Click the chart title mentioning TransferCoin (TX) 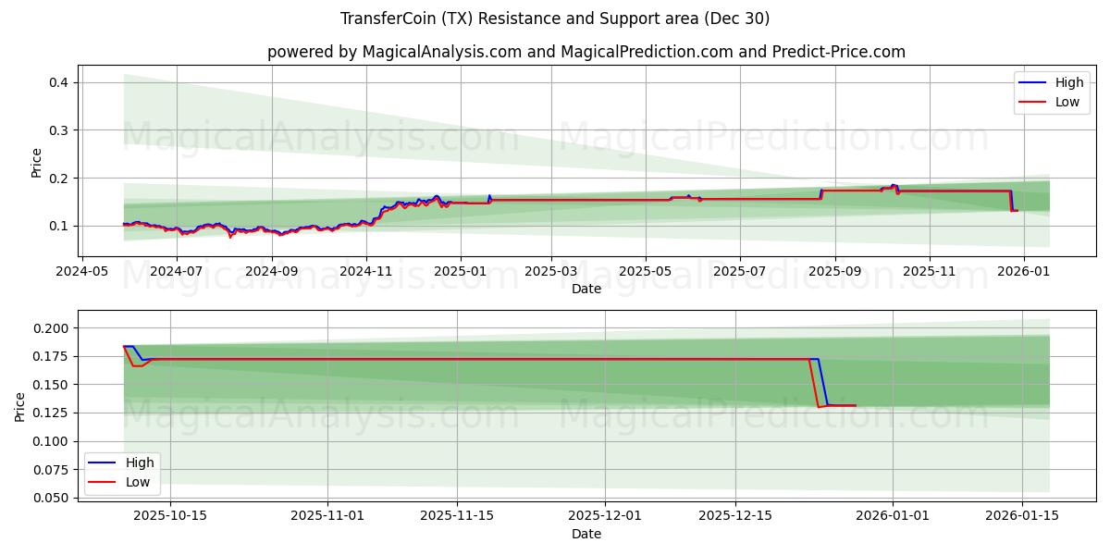[x=555, y=18]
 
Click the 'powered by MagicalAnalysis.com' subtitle [x=586, y=52]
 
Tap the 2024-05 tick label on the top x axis [x=82, y=271]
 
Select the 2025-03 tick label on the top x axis [x=551, y=271]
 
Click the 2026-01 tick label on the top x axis [x=1024, y=271]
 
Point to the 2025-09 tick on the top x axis [x=835, y=271]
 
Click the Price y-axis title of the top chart [x=37, y=162]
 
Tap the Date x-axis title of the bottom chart [x=586, y=534]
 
